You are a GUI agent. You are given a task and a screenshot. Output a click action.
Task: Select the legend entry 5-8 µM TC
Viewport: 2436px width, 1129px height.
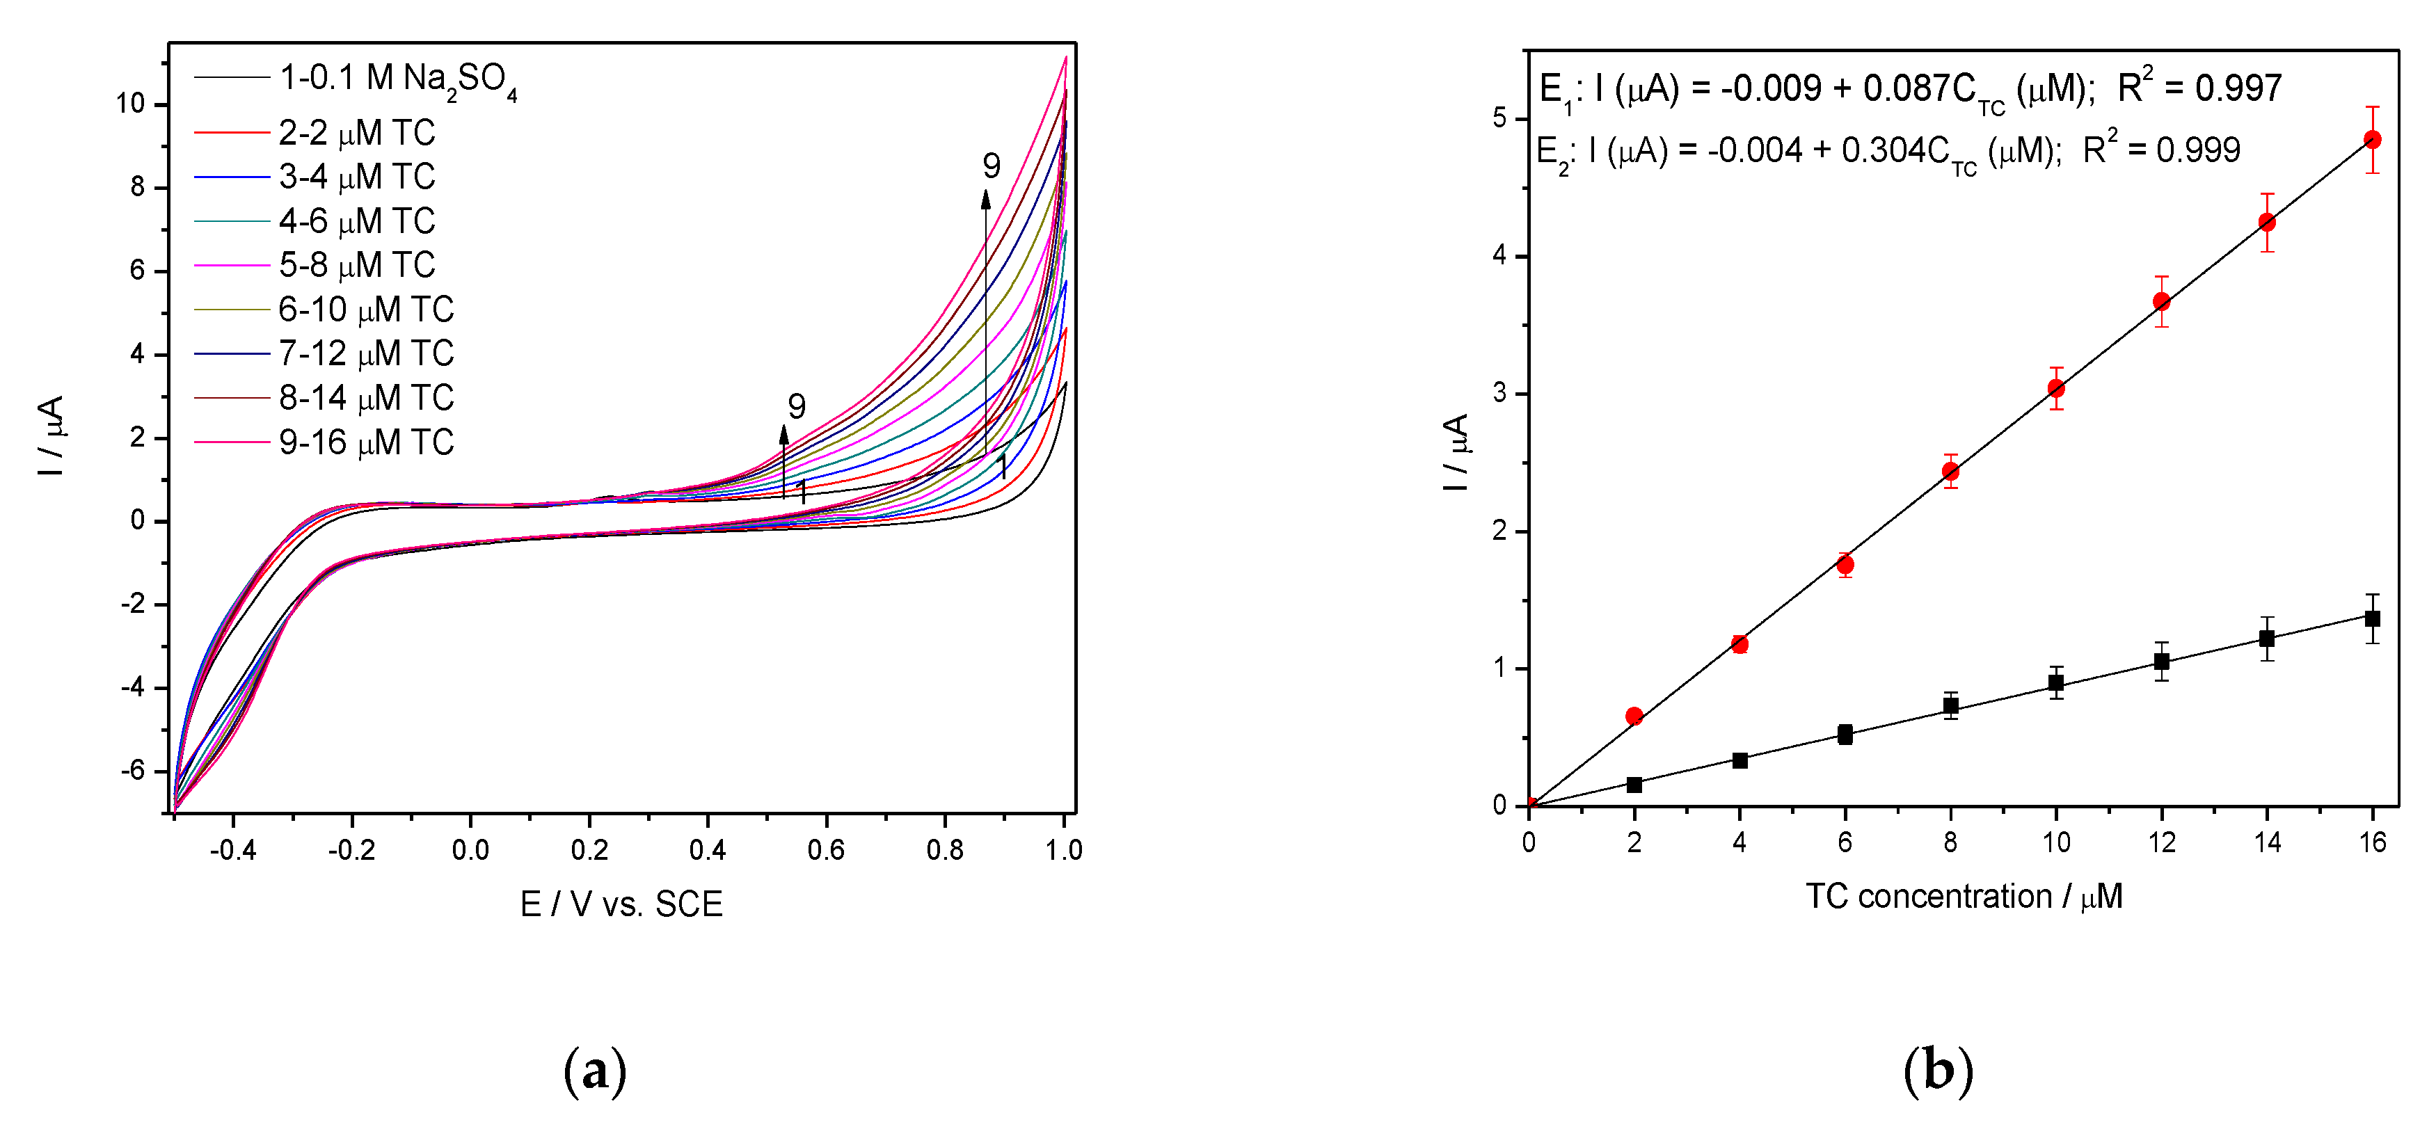[356, 266]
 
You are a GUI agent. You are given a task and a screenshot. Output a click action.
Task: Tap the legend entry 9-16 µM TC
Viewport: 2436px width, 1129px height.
[366, 442]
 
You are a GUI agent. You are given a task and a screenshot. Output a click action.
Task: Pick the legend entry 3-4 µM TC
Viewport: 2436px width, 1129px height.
[356, 177]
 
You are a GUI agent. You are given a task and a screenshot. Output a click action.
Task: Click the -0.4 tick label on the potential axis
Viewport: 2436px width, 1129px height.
[232, 850]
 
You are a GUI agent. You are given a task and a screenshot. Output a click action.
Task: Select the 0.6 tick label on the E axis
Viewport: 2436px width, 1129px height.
[825, 850]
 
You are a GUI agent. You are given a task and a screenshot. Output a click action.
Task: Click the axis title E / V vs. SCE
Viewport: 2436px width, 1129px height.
[621, 904]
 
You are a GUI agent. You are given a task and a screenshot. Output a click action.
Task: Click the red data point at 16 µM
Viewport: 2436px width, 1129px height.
[2372, 140]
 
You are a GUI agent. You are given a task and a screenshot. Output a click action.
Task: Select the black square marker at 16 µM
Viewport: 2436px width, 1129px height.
[2372, 618]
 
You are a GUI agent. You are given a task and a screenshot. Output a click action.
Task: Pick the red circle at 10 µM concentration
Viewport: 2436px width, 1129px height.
[2056, 389]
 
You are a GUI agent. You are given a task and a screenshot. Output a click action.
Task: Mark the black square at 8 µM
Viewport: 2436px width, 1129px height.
[1950, 705]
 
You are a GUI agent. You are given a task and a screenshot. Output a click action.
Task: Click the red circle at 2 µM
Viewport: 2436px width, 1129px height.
[1634, 716]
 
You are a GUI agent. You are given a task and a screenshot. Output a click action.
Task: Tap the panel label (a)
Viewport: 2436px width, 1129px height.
[595, 1071]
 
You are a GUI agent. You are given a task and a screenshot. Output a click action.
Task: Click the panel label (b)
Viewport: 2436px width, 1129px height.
[1938, 1071]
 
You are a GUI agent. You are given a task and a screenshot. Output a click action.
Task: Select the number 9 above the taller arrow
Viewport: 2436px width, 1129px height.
[991, 166]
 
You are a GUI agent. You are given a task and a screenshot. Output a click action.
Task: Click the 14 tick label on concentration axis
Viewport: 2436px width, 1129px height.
[2267, 842]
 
